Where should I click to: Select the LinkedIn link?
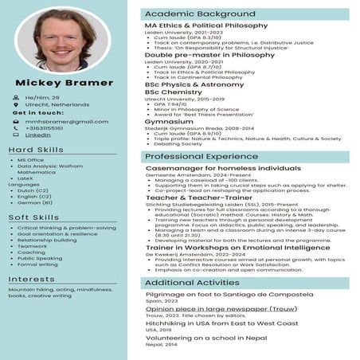[x=37, y=135]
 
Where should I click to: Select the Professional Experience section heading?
[x=196, y=157]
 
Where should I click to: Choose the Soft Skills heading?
[x=33, y=217]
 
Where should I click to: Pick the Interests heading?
[x=32, y=279]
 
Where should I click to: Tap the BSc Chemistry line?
[x=174, y=92]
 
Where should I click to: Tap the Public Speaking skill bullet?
[x=40, y=258]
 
